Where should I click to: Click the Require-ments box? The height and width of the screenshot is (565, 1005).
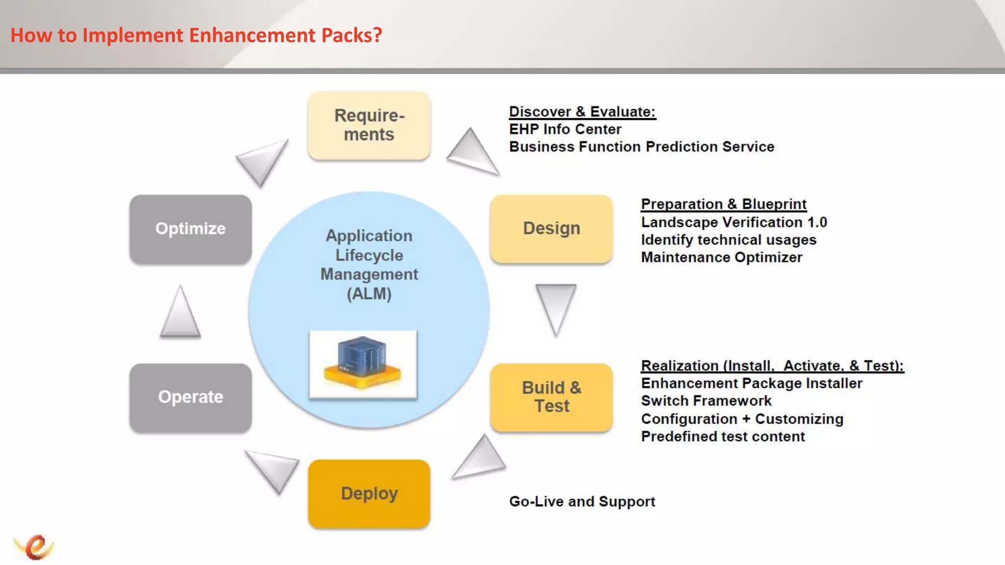pos(369,126)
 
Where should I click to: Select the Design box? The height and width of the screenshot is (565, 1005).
pos(551,229)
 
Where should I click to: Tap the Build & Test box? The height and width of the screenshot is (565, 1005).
pos(551,397)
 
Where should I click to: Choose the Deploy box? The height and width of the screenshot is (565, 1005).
pos(369,493)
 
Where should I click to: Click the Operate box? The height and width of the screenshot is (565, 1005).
pos(190,397)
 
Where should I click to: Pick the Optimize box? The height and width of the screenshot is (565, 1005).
pos(190,229)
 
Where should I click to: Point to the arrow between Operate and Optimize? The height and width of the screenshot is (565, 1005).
pos(180,314)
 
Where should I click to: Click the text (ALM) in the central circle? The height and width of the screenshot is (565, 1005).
pos(369,294)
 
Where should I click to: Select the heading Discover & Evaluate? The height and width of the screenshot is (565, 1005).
pos(582,112)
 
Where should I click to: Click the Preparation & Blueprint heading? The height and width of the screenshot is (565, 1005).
pos(723,204)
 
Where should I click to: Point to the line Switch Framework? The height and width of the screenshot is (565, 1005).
pos(706,401)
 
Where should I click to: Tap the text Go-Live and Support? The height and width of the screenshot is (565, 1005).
pos(582,501)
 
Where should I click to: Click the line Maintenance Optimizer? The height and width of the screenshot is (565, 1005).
pos(721,257)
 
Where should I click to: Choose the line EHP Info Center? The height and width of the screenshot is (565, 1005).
pos(565,129)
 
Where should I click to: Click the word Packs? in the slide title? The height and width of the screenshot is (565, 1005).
pos(351,35)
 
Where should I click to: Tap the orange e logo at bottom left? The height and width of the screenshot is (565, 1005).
pos(34,546)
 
